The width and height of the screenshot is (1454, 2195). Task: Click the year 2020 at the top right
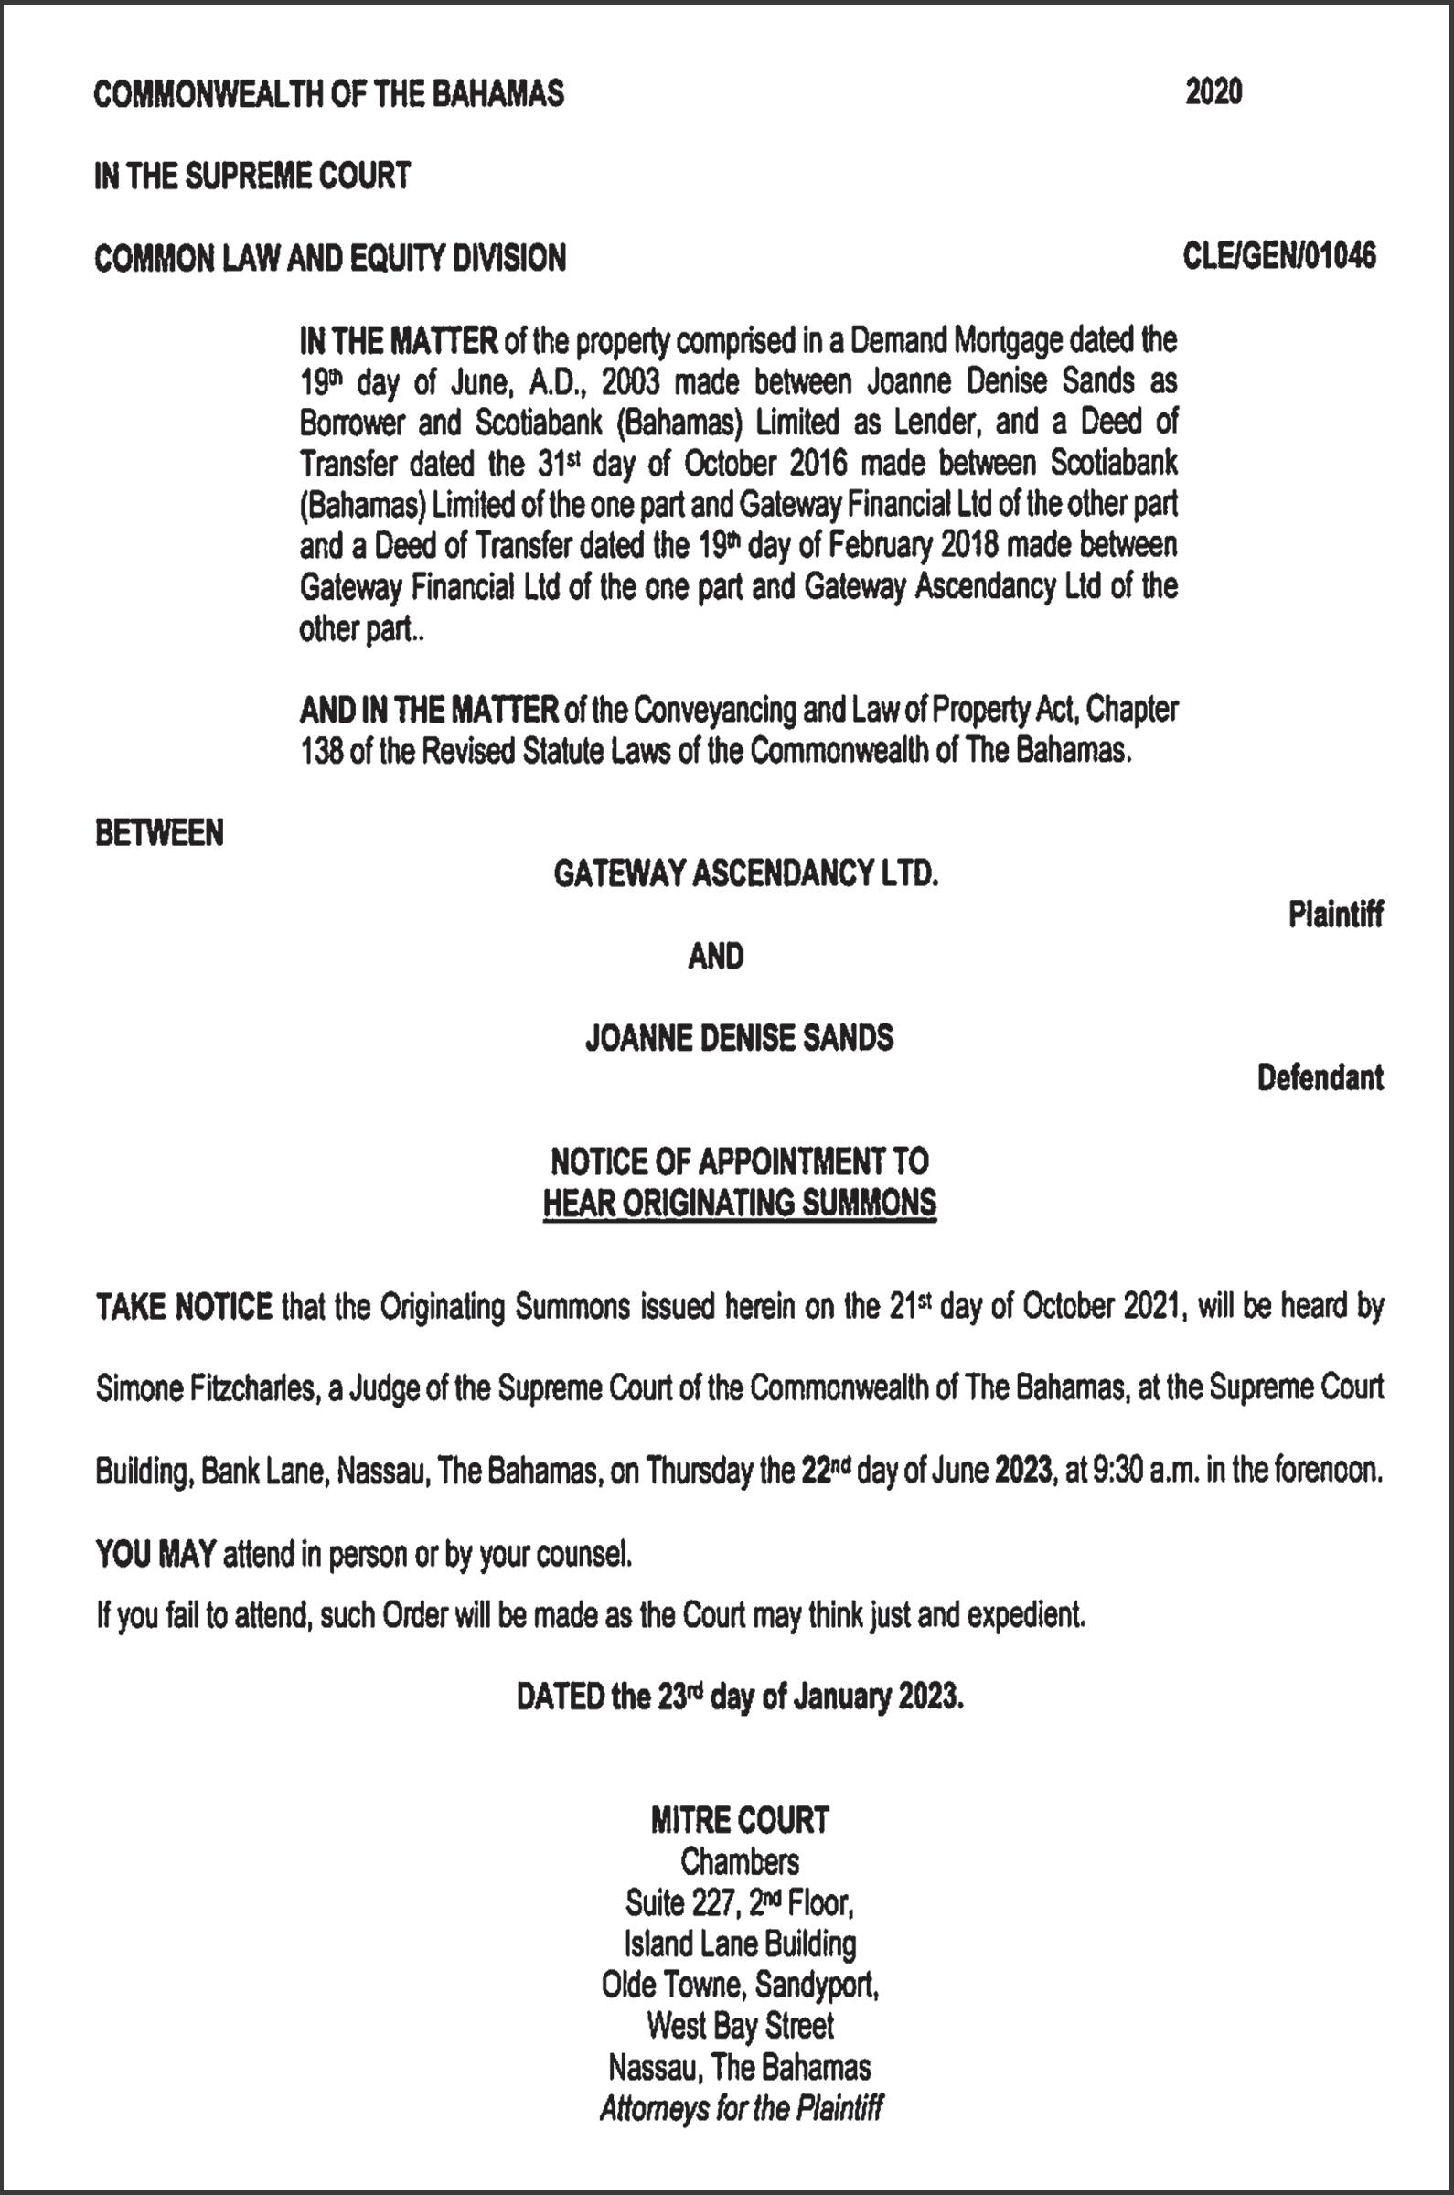1213,92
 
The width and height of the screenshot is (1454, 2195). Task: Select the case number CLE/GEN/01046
1279,256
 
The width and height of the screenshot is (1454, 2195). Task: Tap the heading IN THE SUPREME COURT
252,176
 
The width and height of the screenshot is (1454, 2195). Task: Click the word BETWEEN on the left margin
159,834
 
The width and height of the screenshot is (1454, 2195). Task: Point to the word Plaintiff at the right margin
1335,915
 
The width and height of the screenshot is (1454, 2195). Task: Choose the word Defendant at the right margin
1320,1077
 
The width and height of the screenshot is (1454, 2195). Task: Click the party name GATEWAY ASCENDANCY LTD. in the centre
745,873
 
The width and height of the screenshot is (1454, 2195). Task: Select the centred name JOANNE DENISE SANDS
739,1037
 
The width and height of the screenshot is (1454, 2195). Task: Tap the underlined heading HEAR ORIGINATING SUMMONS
739,1203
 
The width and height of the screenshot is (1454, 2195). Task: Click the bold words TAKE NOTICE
184,1308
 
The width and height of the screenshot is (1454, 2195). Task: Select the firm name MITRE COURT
739,1820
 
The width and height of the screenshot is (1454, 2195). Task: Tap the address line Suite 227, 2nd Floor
739,1904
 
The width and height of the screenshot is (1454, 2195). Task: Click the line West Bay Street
739,2025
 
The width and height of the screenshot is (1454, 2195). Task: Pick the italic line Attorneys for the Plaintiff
739,2109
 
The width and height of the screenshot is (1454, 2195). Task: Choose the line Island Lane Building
739,1943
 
